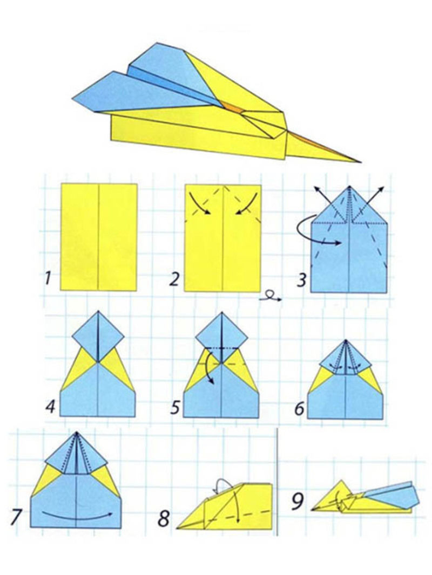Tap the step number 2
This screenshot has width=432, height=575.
[x=174, y=279]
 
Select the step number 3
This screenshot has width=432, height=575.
[x=301, y=280]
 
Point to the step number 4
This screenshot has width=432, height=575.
[x=51, y=406]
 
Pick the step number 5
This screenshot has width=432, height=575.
[x=175, y=407]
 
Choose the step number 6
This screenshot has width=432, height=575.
[x=300, y=408]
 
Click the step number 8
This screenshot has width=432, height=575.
[x=164, y=518]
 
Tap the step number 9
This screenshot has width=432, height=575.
[x=298, y=502]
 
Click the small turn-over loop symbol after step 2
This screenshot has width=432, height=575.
[x=270, y=296]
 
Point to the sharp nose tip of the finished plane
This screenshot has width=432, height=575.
[x=360, y=162]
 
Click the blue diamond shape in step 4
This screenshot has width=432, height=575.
[x=98, y=337]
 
